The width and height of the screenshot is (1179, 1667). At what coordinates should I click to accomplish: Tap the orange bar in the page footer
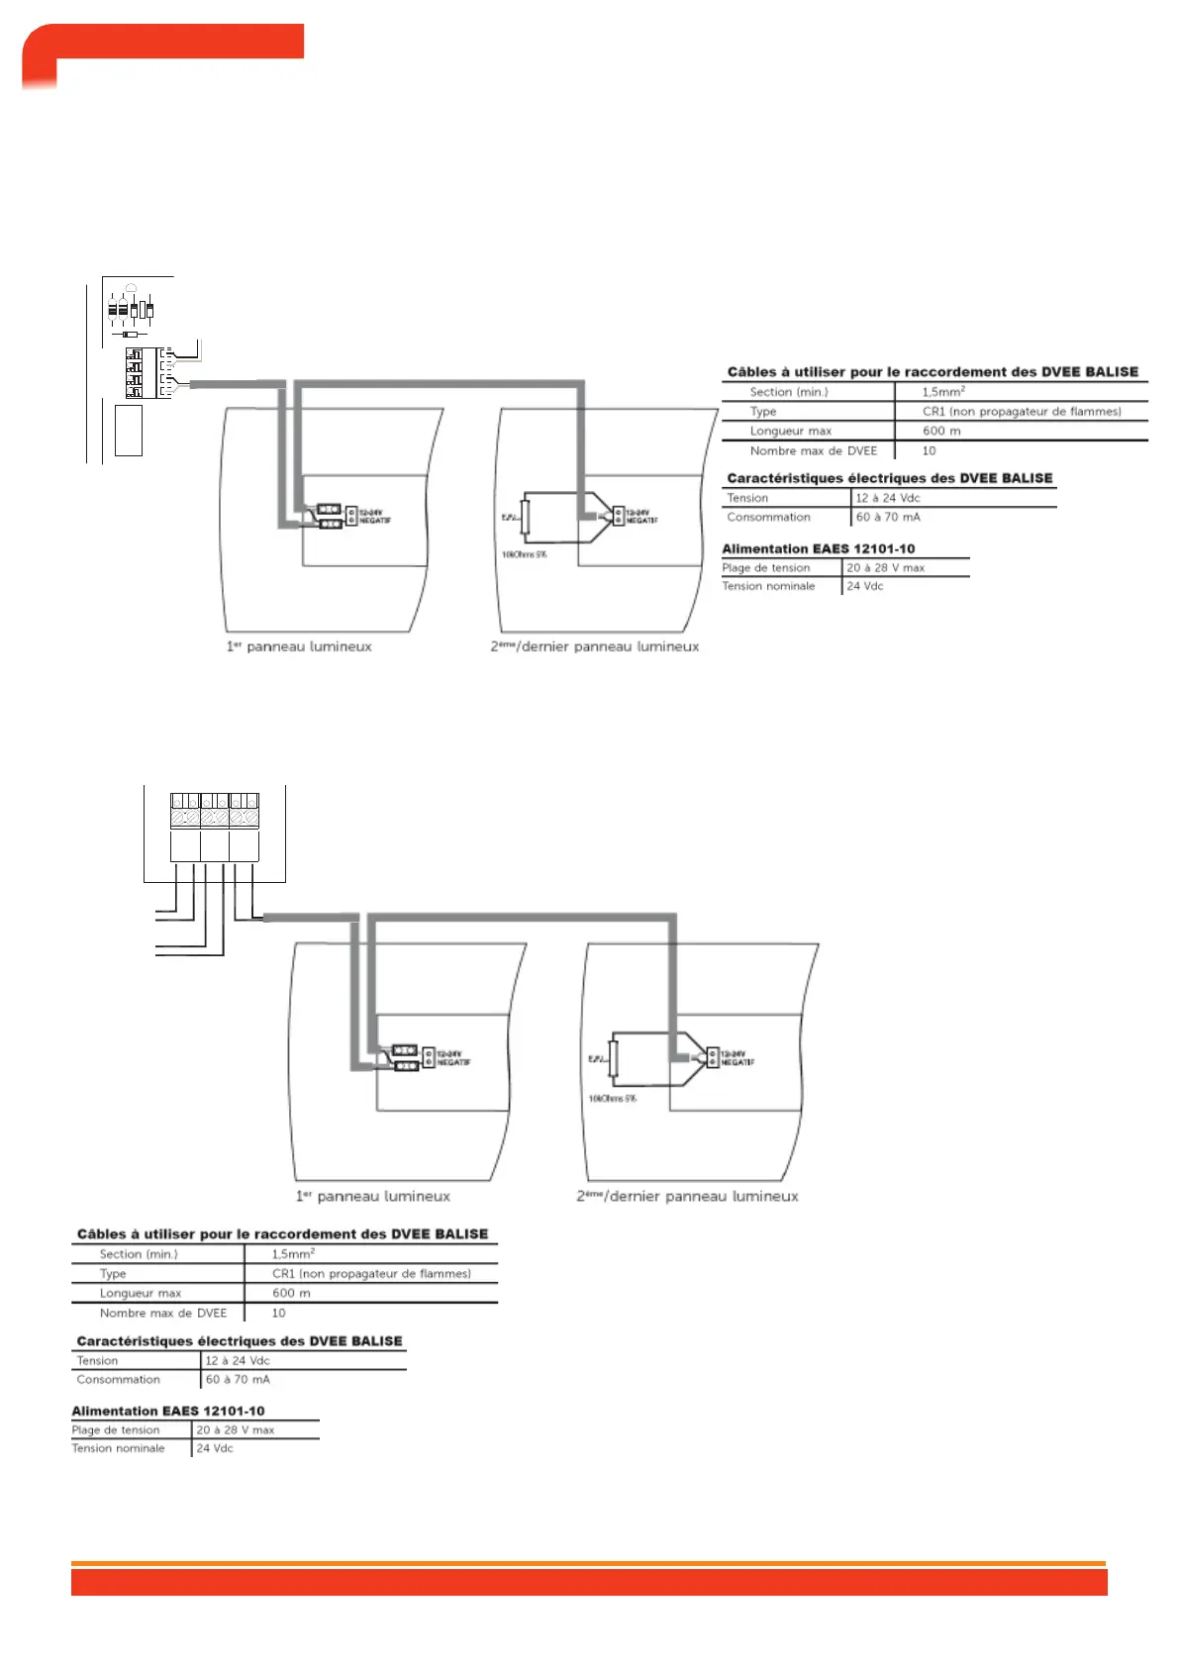point(588,1581)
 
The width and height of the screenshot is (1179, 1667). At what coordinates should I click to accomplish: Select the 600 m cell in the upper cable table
point(941,431)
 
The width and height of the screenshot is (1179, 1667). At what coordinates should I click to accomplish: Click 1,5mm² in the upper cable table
point(943,392)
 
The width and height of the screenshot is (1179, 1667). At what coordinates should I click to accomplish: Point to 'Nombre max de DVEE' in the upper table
point(813,450)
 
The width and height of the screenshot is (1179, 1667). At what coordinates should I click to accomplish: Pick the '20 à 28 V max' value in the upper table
point(885,568)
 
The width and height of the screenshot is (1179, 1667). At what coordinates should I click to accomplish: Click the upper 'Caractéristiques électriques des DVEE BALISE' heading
point(889,478)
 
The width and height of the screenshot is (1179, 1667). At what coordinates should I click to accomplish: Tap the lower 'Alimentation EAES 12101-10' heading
point(168,1411)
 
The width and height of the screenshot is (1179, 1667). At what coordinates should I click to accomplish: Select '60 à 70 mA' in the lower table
point(238,1379)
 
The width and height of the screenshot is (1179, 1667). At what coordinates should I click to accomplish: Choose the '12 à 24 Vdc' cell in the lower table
point(238,1360)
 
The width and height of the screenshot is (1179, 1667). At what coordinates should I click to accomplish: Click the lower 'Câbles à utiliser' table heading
point(282,1234)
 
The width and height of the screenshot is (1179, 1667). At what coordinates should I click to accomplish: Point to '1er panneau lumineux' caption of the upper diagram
point(299,646)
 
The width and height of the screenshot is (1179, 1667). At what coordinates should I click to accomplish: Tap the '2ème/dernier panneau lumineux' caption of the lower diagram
point(687,1196)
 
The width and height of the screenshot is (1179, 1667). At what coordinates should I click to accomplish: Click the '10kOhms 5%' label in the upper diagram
point(524,554)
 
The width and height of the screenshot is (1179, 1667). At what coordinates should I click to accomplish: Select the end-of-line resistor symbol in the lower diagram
point(614,1059)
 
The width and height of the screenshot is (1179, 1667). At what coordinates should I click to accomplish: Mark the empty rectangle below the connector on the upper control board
point(129,431)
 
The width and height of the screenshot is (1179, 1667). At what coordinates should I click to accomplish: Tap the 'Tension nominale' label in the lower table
point(118,1448)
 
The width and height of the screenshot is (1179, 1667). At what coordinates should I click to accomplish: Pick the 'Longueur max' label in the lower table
point(141,1293)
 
